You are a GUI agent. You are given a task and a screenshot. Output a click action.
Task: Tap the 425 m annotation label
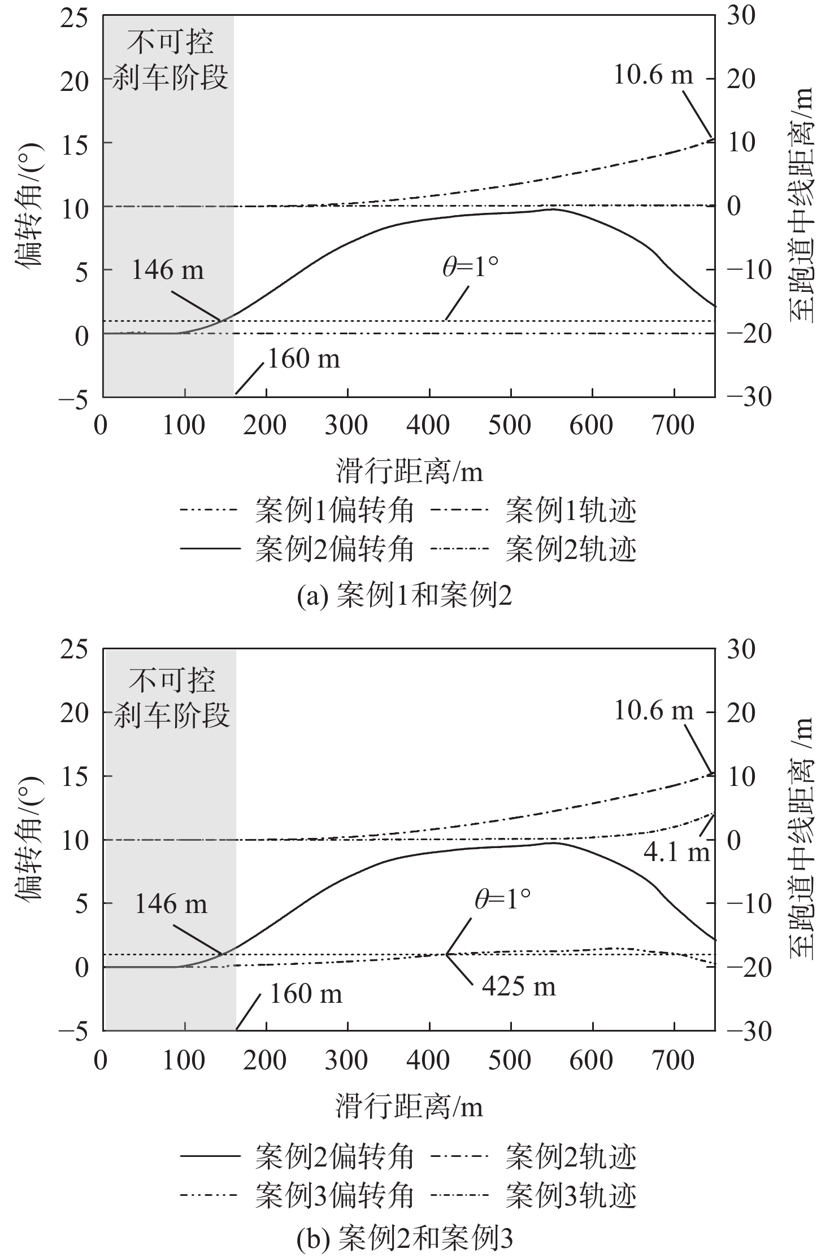519,986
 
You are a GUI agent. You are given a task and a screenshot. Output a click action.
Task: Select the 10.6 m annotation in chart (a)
653,76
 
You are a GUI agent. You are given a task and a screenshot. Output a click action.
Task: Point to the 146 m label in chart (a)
167,270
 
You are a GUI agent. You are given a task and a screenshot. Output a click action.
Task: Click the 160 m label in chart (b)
306,994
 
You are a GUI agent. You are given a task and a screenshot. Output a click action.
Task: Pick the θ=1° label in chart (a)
470,267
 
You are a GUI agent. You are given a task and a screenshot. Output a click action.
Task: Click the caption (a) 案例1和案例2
405,596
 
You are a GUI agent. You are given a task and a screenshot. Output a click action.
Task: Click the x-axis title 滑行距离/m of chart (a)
409,471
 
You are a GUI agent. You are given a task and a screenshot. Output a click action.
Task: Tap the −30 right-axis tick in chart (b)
740,1030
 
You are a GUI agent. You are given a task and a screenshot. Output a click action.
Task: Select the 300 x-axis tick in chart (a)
347,426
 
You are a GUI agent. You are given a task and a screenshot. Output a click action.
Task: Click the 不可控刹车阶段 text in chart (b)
171,698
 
